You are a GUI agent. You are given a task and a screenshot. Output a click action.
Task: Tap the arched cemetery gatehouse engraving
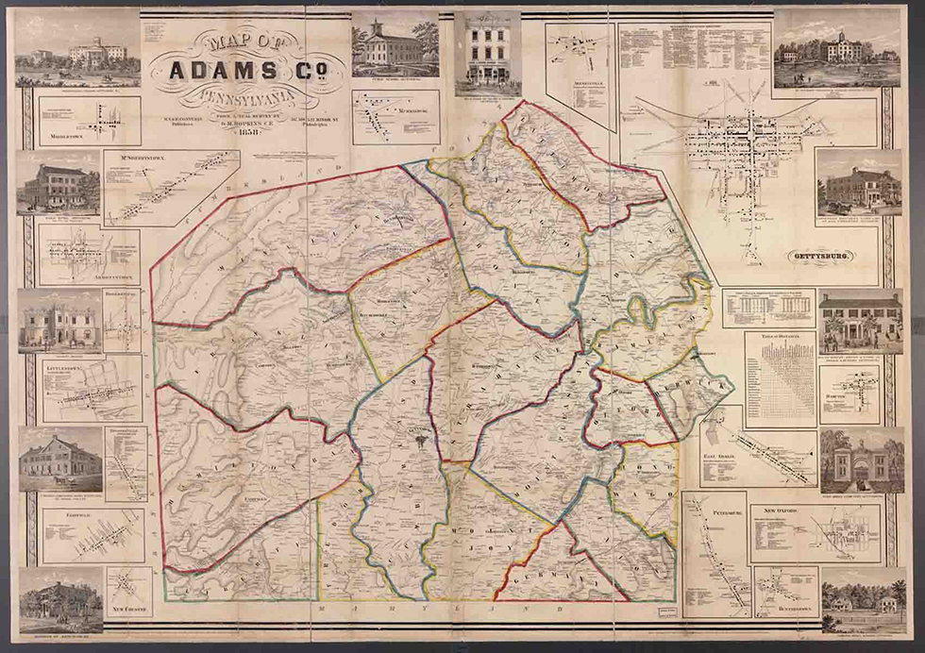coord(849,461)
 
